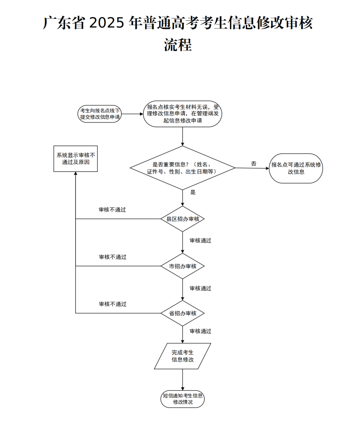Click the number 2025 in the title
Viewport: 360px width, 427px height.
[106, 24]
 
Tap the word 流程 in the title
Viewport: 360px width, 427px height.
[178, 45]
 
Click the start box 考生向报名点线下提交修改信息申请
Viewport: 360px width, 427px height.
[100, 114]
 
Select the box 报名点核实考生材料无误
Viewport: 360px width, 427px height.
[183, 114]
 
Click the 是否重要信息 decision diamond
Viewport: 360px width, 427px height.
[183, 168]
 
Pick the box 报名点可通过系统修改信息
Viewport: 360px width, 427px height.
[296, 168]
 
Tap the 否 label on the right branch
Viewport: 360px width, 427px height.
[254, 164]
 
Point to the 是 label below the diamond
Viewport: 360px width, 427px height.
[193, 192]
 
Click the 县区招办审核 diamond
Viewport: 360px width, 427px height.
[183, 219]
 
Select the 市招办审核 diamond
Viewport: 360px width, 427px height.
[183, 266]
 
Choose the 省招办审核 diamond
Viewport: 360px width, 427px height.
[183, 313]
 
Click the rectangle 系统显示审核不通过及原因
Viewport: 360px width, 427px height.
[75, 159]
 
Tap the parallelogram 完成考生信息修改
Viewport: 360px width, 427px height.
[183, 356]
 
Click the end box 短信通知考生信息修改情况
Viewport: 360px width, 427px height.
[183, 398]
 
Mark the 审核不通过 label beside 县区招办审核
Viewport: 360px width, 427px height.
[113, 210]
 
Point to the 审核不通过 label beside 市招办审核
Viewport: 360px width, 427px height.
[113, 257]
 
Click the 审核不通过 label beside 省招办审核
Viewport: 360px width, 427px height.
[113, 304]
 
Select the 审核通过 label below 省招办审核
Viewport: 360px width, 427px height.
[201, 331]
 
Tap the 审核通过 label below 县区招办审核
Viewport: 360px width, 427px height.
[201, 241]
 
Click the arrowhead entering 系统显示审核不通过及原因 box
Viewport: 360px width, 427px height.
[75, 174]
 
